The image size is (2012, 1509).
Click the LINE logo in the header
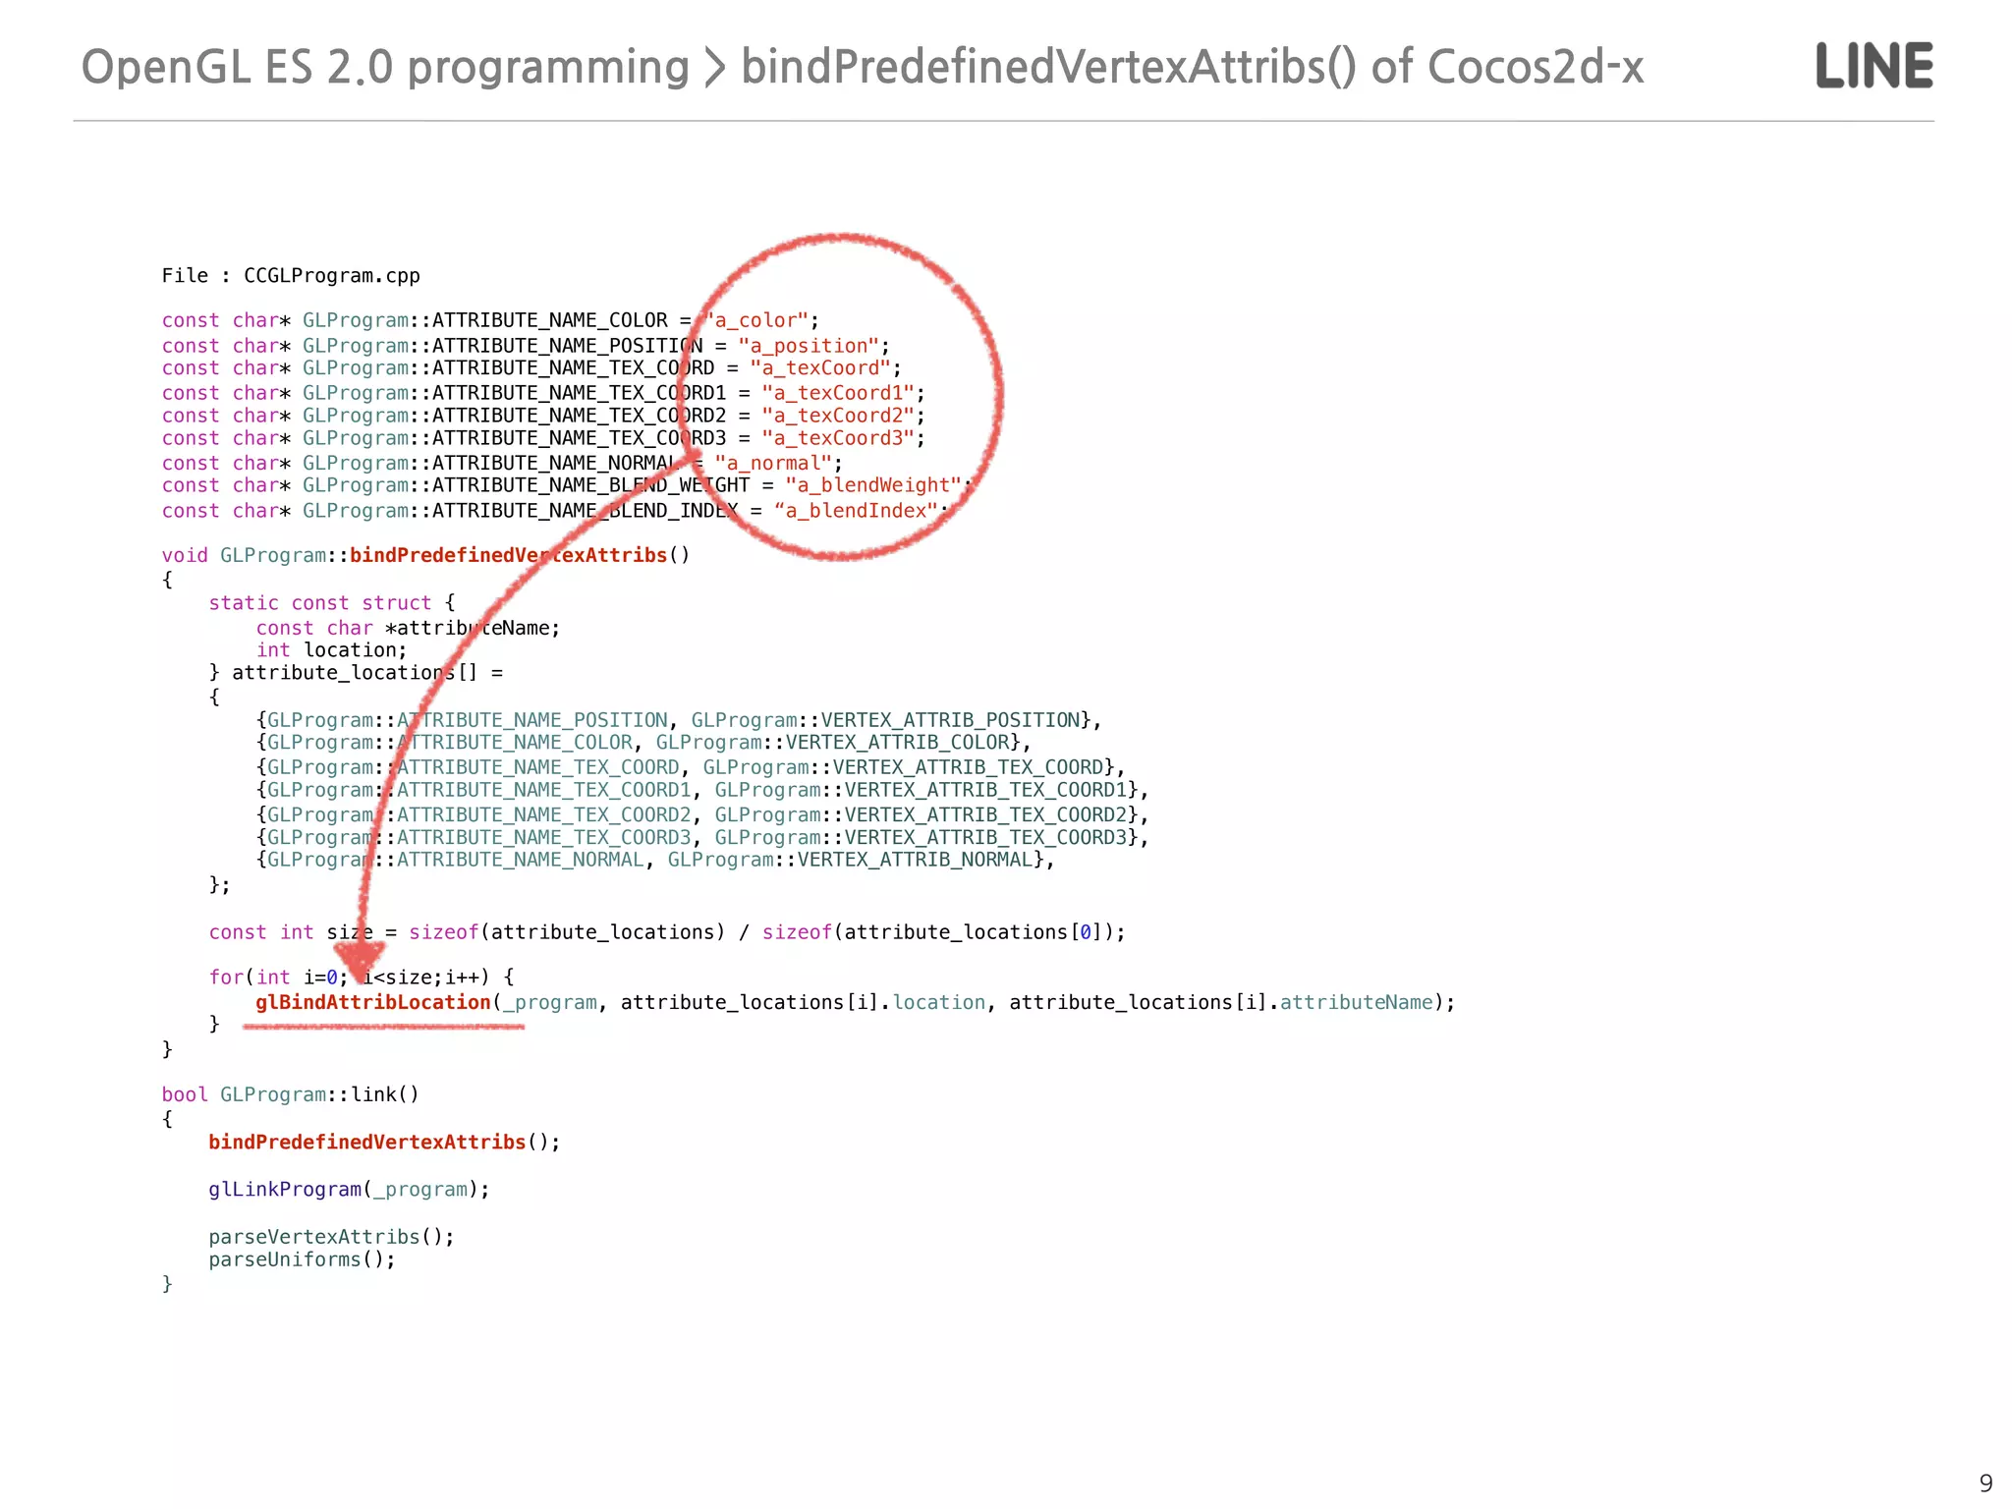pos(1873,66)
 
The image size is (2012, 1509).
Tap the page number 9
pos(1985,1482)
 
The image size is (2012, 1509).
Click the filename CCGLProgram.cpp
pos(331,276)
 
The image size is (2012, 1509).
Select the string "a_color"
pos(757,321)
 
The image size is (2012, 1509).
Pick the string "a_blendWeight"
pos(872,485)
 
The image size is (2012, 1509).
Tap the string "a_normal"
pos(773,463)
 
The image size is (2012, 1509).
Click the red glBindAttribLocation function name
pos(373,1002)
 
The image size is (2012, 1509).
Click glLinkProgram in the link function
pos(285,1190)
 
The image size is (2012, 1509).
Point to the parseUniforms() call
pos(302,1259)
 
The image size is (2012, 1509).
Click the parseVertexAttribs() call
pos(331,1237)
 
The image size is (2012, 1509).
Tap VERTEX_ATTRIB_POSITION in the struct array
pos(950,720)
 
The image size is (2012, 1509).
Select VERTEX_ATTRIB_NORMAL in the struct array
pos(915,860)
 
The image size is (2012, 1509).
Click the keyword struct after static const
pos(396,603)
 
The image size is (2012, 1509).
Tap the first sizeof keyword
pos(443,932)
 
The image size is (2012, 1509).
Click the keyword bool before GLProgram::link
pos(185,1094)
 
